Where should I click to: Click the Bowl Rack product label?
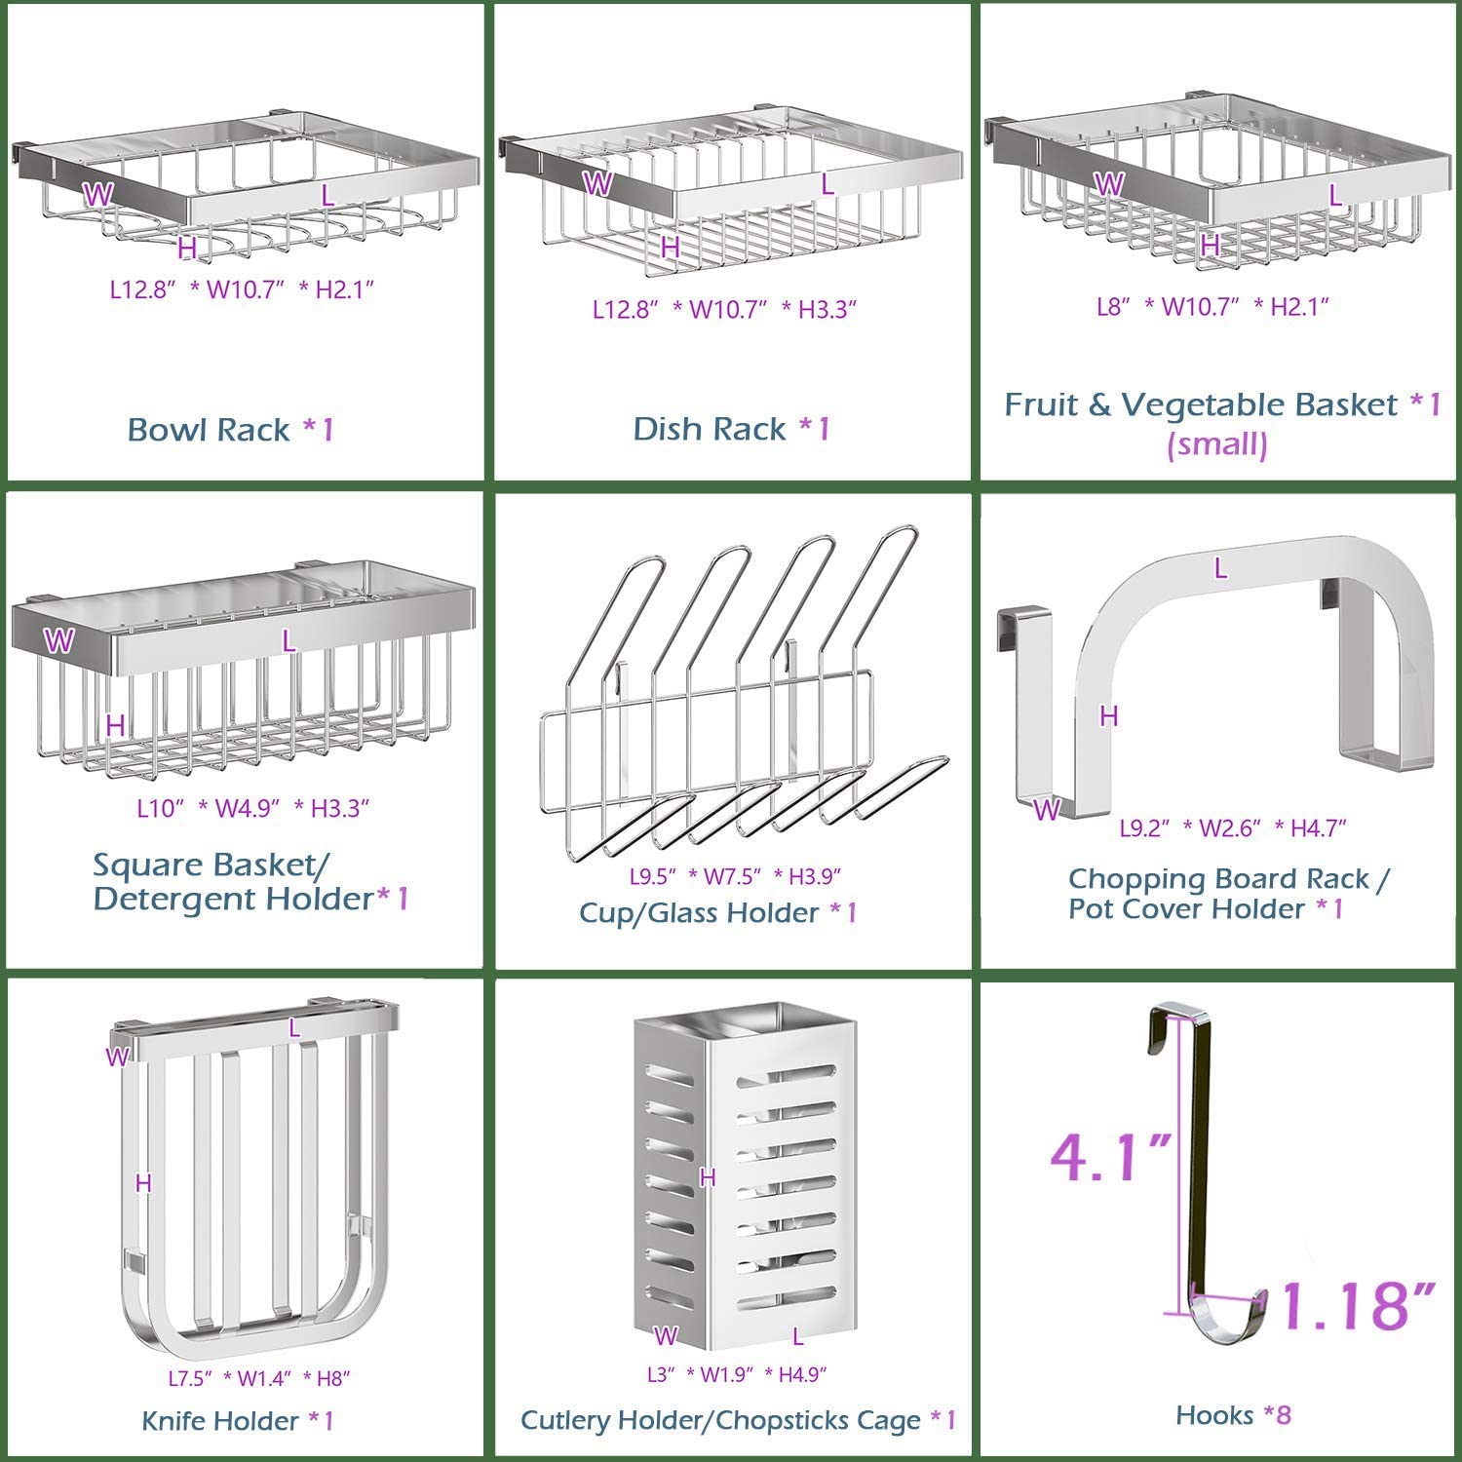pyautogui.click(x=231, y=429)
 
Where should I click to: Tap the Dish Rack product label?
pyautogui.click(x=731, y=428)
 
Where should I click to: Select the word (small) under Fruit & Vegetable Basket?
pyautogui.click(x=1217, y=444)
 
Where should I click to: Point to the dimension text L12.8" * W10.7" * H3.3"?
pyautogui.click(x=725, y=309)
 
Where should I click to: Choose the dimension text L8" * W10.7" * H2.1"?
pyautogui.click(x=1212, y=306)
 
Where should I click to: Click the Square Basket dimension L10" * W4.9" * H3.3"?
pyautogui.click(x=252, y=808)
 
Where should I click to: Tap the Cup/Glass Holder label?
pyautogui.click(x=718, y=912)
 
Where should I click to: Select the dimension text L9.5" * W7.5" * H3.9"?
pyautogui.click(x=734, y=875)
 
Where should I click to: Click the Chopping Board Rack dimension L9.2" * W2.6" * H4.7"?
pyautogui.click(x=1232, y=827)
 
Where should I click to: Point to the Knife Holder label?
pyautogui.click(x=238, y=1420)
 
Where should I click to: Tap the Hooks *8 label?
pyautogui.click(x=1233, y=1414)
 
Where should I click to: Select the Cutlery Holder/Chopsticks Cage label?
pyautogui.click(x=738, y=1420)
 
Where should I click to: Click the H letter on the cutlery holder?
pyautogui.click(x=708, y=1177)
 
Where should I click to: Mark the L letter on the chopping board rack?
pyautogui.click(x=1220, y=568)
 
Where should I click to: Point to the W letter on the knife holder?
pyautogui.click(x=117, y=1057)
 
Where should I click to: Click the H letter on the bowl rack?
pyautogui.click(x=187, y=249)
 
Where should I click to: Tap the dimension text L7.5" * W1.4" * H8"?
pyautogui.click(x=258, y=1378)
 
